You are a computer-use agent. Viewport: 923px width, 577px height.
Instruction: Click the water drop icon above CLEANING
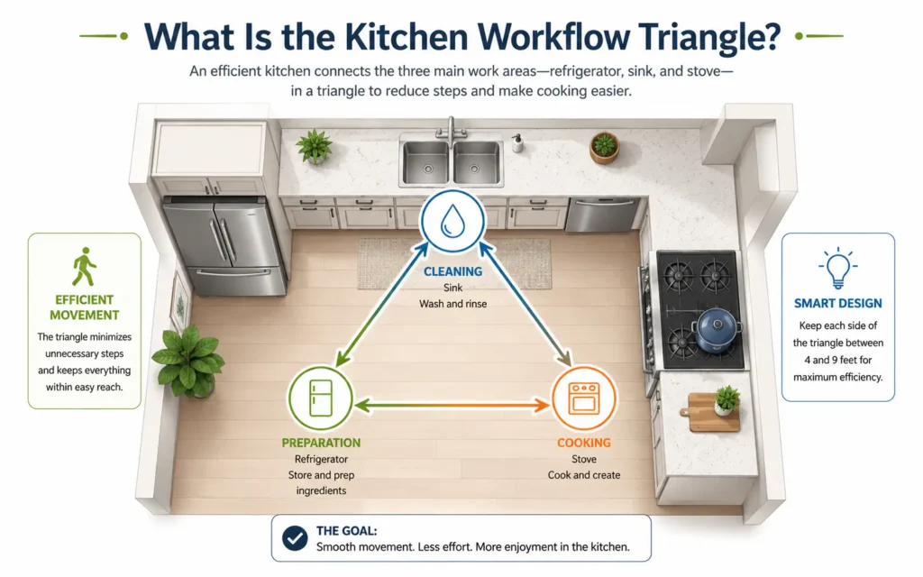[x=452, y=221]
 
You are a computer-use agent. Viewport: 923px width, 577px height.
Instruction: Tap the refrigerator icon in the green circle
[x=321, y=398]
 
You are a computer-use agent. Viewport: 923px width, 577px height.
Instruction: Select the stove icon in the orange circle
[x=584, y=398]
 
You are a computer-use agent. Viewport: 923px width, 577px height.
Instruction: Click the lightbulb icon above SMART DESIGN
[x=837, y=268]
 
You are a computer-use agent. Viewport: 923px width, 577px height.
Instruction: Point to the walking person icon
[x=84, y=266]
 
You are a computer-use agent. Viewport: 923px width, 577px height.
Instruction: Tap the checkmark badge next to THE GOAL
[x=295, y=538]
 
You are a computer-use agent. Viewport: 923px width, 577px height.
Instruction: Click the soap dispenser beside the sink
[x=517, y=143]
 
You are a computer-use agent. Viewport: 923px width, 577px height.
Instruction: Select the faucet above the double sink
[x=451, y=130]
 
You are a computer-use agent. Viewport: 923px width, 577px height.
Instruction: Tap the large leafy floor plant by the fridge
[x=188, y=361]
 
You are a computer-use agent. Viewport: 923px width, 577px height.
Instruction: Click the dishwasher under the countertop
[x=601, y=215]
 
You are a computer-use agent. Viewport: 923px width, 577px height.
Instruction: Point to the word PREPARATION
[x=321, y=443]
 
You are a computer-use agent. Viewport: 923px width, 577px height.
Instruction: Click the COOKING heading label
[x=584, y=443]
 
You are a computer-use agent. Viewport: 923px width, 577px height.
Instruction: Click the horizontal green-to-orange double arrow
[x=452, y=405]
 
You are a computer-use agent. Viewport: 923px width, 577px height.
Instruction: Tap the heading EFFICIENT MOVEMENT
[x=84, y=307]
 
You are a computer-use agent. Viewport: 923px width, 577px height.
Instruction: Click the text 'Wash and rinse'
[x=452, y=304]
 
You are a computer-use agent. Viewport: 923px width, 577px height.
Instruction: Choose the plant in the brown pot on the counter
[x=604, y=147]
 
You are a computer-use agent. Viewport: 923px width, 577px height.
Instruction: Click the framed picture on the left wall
[x=179, y=302]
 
